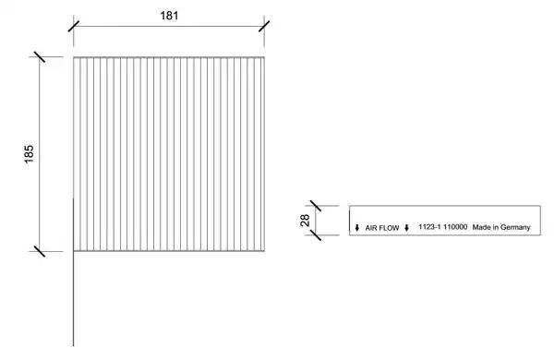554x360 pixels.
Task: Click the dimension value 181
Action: click(169, 16)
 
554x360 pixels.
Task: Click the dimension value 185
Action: click(29, 153)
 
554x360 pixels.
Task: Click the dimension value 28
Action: click(305, 221)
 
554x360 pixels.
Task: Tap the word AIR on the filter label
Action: click(370, 228)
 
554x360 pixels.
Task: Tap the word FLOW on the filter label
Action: click(389, 228)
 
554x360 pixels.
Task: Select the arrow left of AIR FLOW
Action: click(356, 228)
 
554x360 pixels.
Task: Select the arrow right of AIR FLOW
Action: click(406, 228)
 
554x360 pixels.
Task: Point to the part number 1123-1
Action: click(429, 227)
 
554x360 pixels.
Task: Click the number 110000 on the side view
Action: click(455, 227)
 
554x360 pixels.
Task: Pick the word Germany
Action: click(515, 227)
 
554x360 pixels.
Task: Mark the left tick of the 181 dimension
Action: click(74, 26)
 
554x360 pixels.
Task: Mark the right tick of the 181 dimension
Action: click(264, 26)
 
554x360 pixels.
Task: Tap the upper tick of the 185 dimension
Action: click(40, 57)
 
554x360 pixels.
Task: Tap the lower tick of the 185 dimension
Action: click(40, 251)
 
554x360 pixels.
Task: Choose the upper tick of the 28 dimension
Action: click(316, 206)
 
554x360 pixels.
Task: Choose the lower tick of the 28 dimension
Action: click(316, 235)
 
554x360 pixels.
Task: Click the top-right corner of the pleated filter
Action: click(264, 57)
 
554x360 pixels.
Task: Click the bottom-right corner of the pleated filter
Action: click(264, 251)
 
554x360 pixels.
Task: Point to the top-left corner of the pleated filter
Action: click(74, 57)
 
